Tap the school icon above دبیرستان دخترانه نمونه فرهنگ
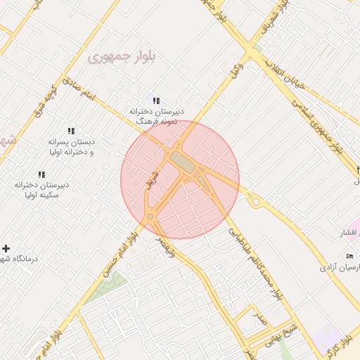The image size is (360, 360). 156,101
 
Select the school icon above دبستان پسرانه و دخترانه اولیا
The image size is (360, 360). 70,131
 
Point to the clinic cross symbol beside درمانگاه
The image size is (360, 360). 6,248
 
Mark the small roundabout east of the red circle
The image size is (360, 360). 256,202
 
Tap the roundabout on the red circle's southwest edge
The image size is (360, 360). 150,217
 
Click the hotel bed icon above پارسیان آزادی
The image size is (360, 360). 350,255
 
